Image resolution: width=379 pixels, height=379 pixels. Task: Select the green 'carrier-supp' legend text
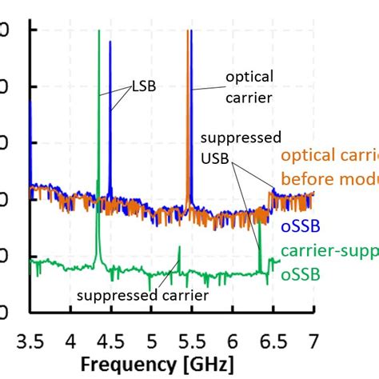[329, 254]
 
